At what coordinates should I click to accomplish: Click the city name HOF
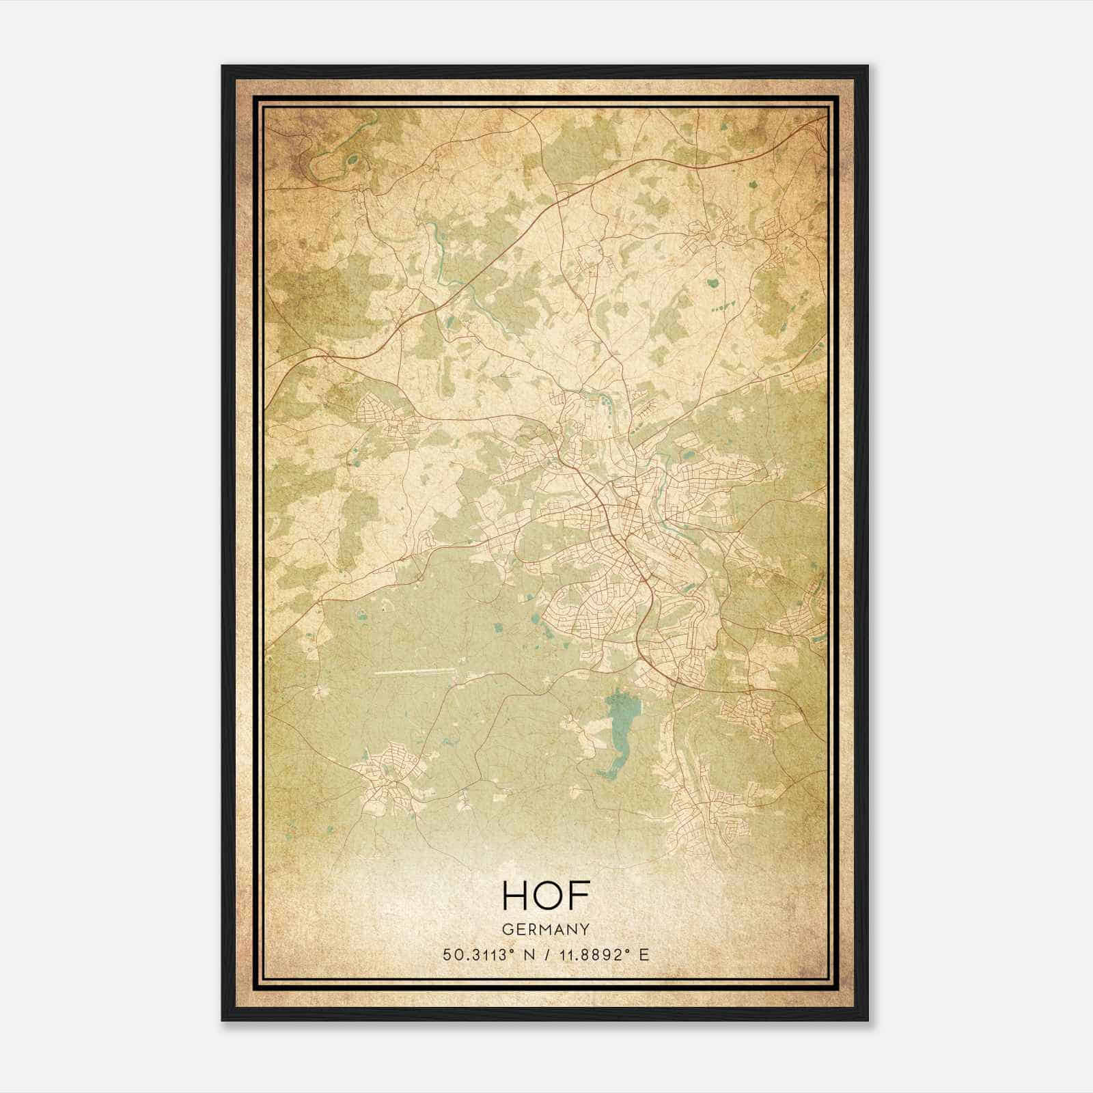(x=545, y=896)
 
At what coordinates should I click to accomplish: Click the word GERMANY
(x=546, y=929)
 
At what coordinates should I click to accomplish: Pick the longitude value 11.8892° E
(x=600, y=954)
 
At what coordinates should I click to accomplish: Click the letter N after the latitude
(x=527, y=954)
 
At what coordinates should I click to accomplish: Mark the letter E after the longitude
(x=644, y=954)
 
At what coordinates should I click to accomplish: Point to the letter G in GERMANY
(x=506, y=929)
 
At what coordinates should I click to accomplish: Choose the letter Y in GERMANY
(x=585, y=929)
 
